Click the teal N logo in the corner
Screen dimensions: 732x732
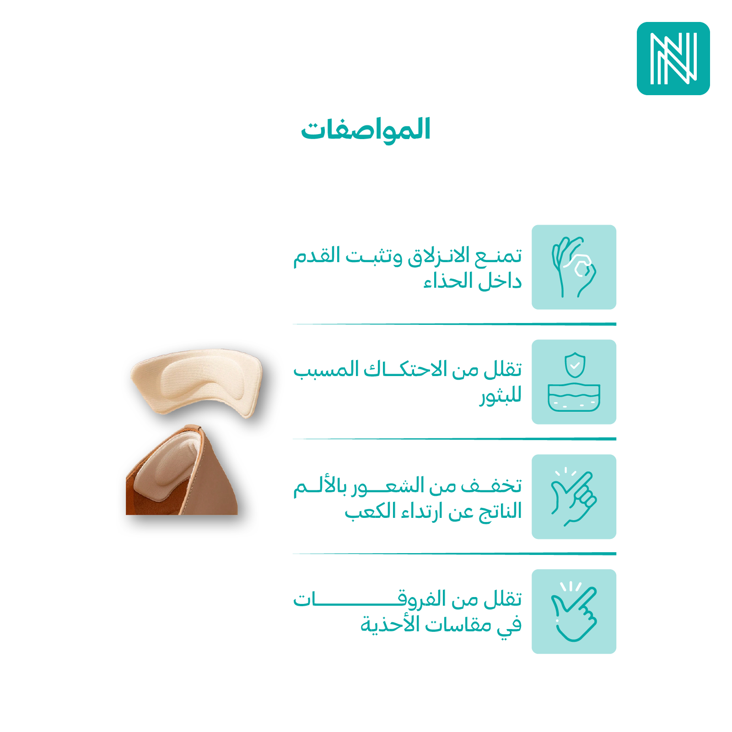click(673, 59)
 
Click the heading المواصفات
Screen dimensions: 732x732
click(366, 129)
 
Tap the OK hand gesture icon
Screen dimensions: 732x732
click(574, 267)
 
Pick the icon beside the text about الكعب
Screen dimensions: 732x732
click(574, 497)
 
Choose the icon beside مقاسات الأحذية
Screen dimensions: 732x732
click(574, 612)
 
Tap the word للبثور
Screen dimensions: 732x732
click(501, 396)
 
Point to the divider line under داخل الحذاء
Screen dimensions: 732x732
click(454, 324)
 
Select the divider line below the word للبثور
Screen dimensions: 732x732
click(454, 439)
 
